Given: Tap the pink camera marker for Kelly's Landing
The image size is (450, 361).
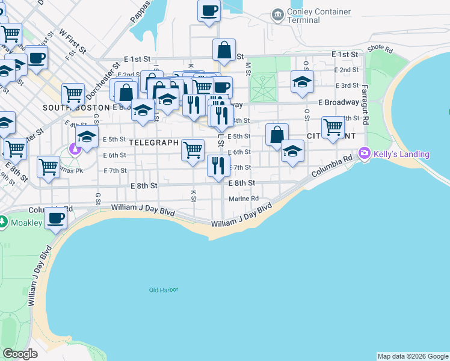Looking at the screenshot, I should coord(364,154).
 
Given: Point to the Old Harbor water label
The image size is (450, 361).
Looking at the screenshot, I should coord(164,290).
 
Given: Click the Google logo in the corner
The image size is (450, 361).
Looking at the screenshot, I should coord(20,354).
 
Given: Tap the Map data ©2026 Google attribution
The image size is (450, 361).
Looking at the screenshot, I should coord(413,356).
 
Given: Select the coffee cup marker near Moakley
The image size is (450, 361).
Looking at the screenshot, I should coord(57,218).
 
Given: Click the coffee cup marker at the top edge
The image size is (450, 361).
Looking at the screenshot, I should coord(208,11).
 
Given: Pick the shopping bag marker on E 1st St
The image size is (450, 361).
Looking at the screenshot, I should coord(224,51).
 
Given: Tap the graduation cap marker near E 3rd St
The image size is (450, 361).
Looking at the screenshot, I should coord(302,82).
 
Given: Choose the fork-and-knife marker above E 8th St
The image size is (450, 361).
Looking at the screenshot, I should coord(218,165).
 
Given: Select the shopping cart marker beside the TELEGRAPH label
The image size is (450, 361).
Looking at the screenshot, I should coord(193,150).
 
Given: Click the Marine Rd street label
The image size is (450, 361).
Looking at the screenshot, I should coord(244,199).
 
